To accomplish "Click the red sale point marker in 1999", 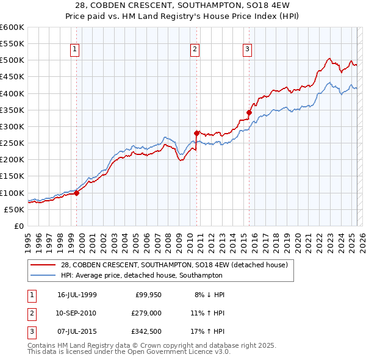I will [x=77, y=193].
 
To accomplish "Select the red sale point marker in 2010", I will [x=196, y=133].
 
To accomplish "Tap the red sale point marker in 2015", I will [x=249, y=112].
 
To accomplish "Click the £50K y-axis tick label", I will [x=14, y=209].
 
